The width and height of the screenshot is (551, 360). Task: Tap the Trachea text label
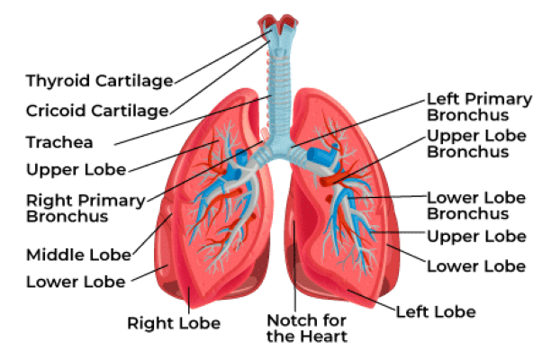click(x=59, y=142)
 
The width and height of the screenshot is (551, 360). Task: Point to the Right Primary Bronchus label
click(x=80, y=208)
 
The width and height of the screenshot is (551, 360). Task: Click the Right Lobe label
click(x=174, y=322)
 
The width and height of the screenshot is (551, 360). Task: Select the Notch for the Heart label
click(x=306, y=328)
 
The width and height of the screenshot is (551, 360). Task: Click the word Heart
click(x=327, y=337)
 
